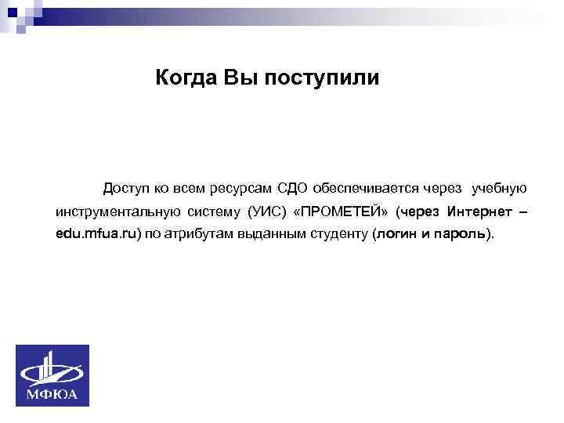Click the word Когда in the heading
(186, 78)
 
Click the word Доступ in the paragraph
(124, 189)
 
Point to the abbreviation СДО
(295, 189)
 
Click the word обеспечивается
(366, 189)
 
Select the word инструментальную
(121, 211)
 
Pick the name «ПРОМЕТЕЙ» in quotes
(341, 211)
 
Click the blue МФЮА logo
(53, 375)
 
